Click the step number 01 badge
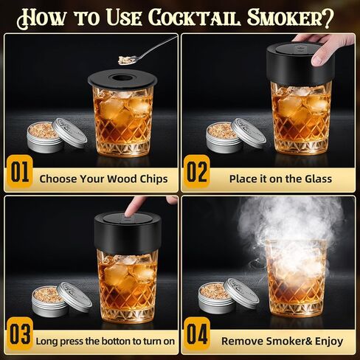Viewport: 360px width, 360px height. tap(20, 172)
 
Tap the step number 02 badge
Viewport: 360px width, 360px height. tap(197, 172)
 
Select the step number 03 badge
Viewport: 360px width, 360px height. tap(20, 334)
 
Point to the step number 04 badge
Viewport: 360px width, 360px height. tap(197, 334)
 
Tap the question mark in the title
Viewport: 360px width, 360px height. tap(328, 18)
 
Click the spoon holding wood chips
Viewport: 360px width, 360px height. tap(147, 50)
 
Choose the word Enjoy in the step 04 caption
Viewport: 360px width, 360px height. tap(329, 342)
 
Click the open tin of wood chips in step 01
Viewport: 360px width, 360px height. tap(45, 137)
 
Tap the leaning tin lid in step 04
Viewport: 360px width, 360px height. tap(243, 294)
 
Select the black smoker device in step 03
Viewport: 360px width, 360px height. tap(128, 232)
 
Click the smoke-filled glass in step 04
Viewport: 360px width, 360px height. tap(296, 278)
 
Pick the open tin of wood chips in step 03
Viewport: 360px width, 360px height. tap(50, 301)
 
